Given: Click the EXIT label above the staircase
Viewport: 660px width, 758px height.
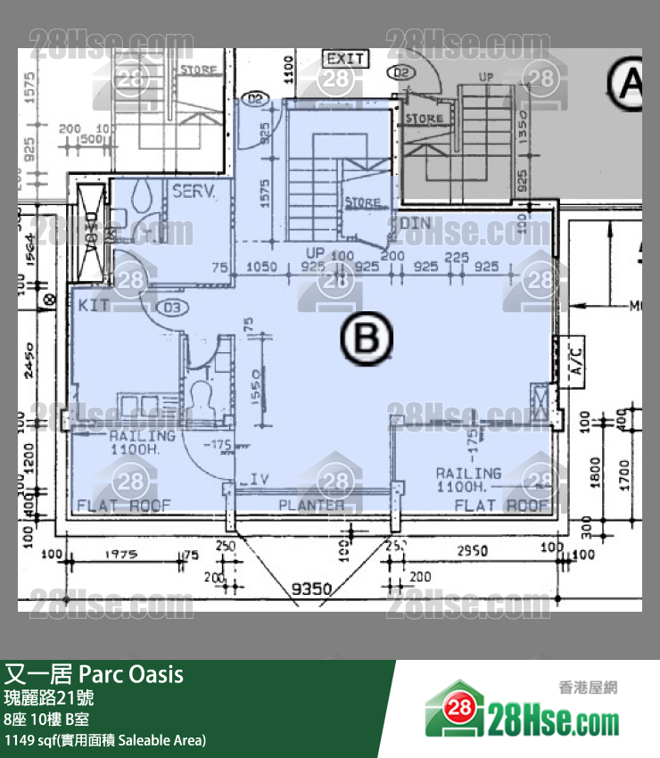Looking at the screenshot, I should click(345, 59).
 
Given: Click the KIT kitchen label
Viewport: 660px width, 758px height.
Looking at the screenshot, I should click(93, 305).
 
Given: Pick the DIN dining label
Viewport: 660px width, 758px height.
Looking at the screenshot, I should click(416, 222).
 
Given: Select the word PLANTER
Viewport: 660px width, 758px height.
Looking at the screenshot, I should click(311, 505).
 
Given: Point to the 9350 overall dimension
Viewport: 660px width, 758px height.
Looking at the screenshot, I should click(311, 589).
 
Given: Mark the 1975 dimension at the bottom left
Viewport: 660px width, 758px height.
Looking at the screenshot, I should click(120, 554).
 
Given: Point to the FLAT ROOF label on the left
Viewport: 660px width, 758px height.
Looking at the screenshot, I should click(124, 505).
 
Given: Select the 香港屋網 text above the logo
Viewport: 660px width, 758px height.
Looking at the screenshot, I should click(588, 688).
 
